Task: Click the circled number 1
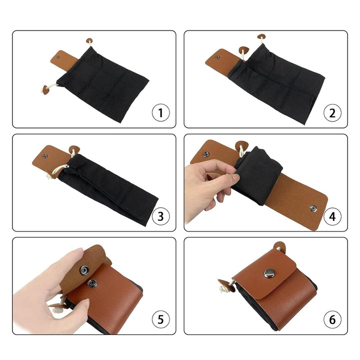pyautogui.click(x=160, y=112)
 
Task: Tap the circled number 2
pyautogui.click(x=332, y=112)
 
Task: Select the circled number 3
pyautogui.click(x=160, y=216)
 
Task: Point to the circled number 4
pyautogui.click(x=332, y=216)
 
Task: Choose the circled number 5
pyautogui.click(x=160, y=319)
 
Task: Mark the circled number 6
pyautogui.click(x=332, y=319)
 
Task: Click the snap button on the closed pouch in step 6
pyautogui.click(x=269, y=273)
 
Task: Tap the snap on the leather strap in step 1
pyautogui.click(x=58, y=56)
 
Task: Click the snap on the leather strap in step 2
pyautogui.click(x=217, y=57)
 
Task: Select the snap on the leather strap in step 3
pyautogui.click(x=44, y=156)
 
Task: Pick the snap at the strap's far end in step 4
pyautogui.click(x=313, y=208)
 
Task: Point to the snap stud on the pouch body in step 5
pyautogui.click(x=92, y=284)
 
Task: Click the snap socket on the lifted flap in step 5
pyautogui.click(x=84, y=270)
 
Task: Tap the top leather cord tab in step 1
pyautogui.click(x=89, y=41)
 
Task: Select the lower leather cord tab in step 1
pyautogui.click(x=46, y=90)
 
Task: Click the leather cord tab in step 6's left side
pyautogui.click(x=226, y=285)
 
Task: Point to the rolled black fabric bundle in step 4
pyautogui.click(x=257, y=174)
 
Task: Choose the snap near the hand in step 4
pyautogui.click(x=205, y=154)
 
